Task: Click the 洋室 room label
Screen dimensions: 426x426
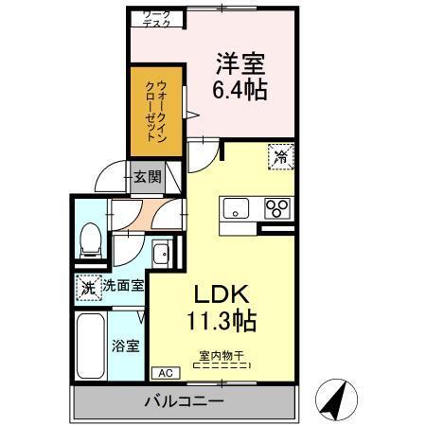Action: tap(240, 63)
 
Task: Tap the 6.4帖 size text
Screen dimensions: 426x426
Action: tap(240, 90)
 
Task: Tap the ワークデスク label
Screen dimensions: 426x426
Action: tap(156, 19)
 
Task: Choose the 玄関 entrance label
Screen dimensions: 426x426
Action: tap(147, 175)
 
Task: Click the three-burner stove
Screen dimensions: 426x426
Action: tap(277, 208)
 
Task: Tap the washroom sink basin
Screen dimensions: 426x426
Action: tap(162, 254)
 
